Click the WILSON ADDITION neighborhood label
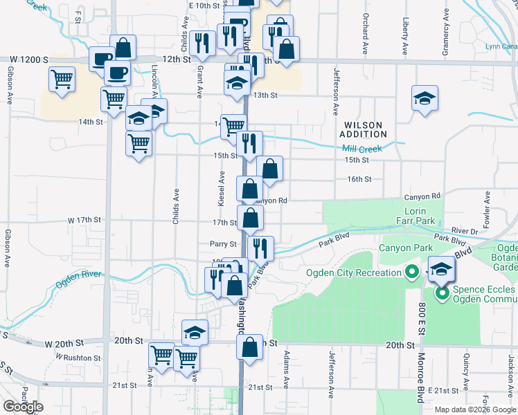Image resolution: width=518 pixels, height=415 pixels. pyautogui.click(x=364, y=129)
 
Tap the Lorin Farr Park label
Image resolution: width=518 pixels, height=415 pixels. pyautogui.click(x=419, y=215)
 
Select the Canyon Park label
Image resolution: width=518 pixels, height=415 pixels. pyautogui.click(x=405, y=248)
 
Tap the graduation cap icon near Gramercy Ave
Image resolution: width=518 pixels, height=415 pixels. pyautogui.click(x=425, y=98)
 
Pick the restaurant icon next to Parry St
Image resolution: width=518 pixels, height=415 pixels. pyautogui.click(x=260, y=248)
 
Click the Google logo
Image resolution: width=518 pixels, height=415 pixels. pyautogui.click(x=23, y=407)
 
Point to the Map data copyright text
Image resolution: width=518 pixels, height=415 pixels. pyautogui.click(x=475, y=409)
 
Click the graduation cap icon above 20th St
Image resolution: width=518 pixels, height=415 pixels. pyautogui.click(x=195, y=332)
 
